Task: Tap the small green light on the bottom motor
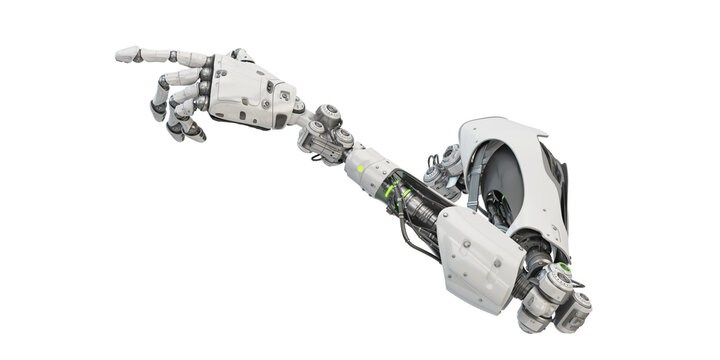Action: click(566, 268)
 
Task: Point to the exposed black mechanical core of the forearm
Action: click(420, 205)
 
